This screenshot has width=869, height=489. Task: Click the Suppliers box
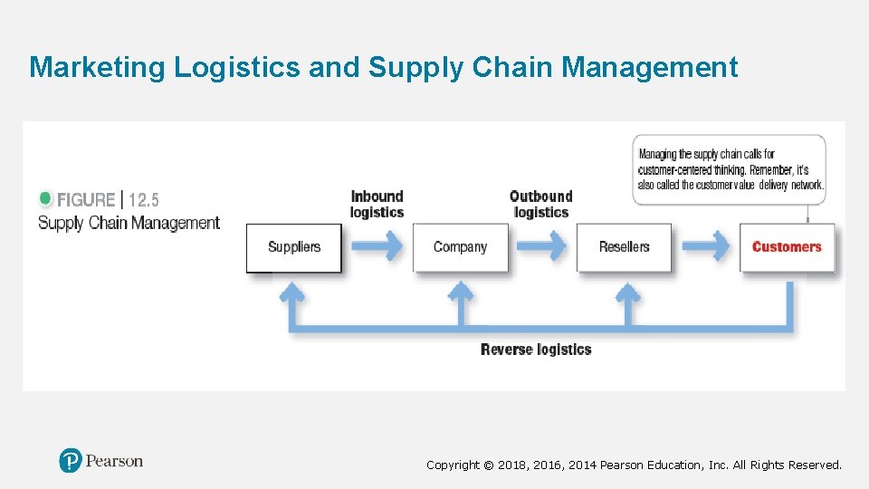click(294, 247)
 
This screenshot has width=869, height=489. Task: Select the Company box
click(460, 247)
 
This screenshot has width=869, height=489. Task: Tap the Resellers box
click(624, 247)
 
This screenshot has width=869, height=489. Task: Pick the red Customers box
click(787, 247)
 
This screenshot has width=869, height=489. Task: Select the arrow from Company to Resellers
click(542, 245)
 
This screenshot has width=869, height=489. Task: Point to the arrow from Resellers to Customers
click(706, 245)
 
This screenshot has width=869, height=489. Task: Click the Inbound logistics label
click(377, 204)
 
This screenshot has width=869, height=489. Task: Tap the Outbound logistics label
click(540, 204)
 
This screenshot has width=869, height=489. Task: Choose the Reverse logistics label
click(536, 350)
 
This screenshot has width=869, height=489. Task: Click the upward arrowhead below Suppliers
click(291, 292)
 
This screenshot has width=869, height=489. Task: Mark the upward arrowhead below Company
click(461, 292)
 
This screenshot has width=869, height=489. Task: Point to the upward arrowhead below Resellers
click(625, 292)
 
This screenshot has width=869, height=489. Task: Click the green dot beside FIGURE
click(46, 198)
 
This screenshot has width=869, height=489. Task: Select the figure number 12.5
click(144, 200)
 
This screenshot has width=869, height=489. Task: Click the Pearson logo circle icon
click(71, 461)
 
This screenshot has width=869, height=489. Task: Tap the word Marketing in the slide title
click(98, 67)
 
